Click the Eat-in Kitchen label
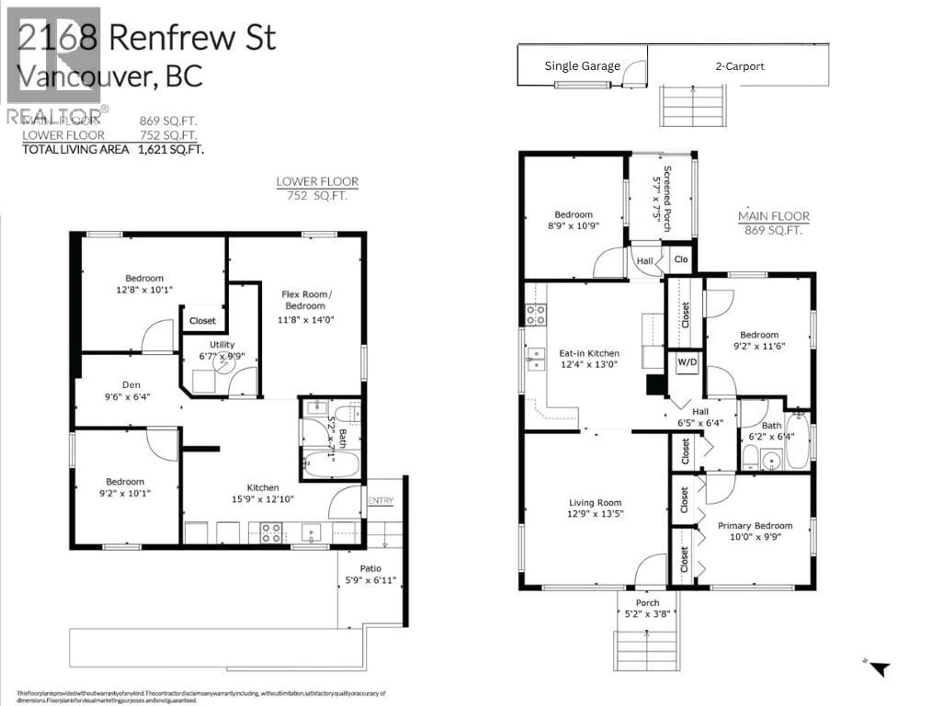point(589,353)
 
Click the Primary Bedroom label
point(755,526)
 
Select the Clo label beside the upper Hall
point(681,259)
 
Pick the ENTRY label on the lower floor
point(381,501)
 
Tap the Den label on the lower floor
point(131,385)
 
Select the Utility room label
point(222,344)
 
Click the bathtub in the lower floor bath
point(332,464)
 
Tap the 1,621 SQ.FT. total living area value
point(171,149)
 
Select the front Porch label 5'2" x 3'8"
point(647,608)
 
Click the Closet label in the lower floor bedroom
point(202,321)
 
